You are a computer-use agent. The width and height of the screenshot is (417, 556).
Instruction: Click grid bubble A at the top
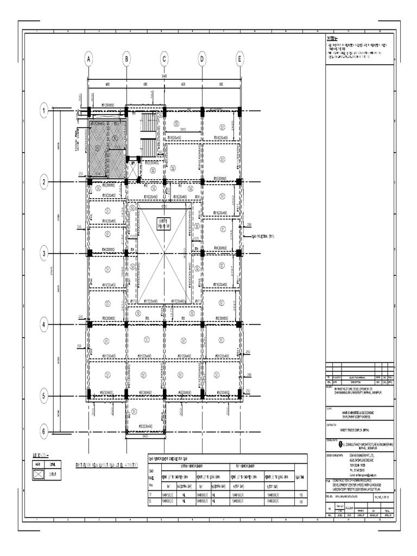pos(87,60)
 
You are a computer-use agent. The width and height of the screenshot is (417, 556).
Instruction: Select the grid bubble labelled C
pos(163,60)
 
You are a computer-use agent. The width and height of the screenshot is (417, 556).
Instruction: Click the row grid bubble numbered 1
pos(43,111)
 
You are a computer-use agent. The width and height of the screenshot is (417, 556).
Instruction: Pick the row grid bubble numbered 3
pos(43,252)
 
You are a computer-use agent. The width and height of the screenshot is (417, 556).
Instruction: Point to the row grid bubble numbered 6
pos(43,431)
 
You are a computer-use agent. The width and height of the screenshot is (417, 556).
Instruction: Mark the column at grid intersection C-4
pos(163,325)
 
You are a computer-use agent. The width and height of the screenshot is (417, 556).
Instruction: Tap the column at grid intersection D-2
pos(201,182)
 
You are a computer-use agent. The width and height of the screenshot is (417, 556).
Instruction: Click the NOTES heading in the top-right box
pos(332,40)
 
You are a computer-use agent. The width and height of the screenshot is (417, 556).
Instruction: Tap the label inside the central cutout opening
pos(163,222)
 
